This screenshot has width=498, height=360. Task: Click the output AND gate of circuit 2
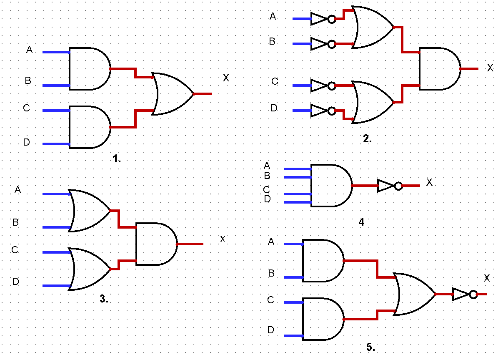(x=439, y=68)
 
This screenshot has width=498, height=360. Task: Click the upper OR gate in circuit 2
(x=372, y=27)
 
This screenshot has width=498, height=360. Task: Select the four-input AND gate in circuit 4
(x=330, y=186)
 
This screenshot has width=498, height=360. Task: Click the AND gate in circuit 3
(x=155, y=244)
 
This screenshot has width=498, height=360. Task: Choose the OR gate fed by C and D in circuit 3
(x=90, y=269)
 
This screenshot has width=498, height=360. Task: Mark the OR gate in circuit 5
(x=414, y=294)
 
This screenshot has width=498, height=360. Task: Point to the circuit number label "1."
(x=116, y=159)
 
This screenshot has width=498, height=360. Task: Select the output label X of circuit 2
(x=490, y=68)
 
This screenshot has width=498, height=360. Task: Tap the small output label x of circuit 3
(x=223, y=239)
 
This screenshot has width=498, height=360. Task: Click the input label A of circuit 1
(x=29, y=50)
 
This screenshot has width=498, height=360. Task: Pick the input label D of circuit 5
(x=270, y=330)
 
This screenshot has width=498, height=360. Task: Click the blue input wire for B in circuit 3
(x=56, y=227)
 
